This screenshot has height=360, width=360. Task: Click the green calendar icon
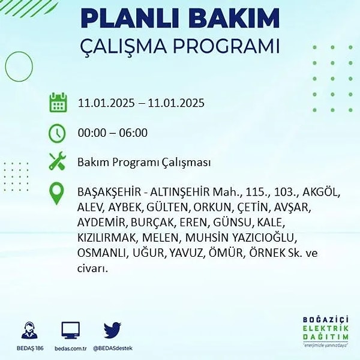(x=58, y=103)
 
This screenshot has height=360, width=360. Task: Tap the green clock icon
(x=57, y=133)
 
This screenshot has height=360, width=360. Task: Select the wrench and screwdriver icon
(x=58, y=161)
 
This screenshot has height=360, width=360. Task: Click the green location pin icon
(x=56, y=193)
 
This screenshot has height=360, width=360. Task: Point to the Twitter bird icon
(x=112, y=330)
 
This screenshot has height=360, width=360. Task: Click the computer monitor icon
(x=71, y=330)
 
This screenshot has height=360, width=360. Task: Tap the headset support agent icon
(x=29, y=330)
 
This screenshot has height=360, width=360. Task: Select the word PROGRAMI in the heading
(x=226, y=46)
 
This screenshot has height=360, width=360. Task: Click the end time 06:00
(x=133, y=133)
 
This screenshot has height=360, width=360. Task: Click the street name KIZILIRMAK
(x=107, y=238)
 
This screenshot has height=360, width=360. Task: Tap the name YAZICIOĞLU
(x=263, y=238)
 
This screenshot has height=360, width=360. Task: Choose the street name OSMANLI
(x=101, y=253)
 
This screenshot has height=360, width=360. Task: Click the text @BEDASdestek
(x=113, y=348)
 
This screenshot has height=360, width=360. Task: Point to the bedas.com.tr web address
(x=71, y=349)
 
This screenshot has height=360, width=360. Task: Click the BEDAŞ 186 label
(x=30, y=348)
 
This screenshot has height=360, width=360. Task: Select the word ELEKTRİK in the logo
(x=326, y=329)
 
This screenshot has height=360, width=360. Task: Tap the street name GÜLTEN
(x=167, y=208)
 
